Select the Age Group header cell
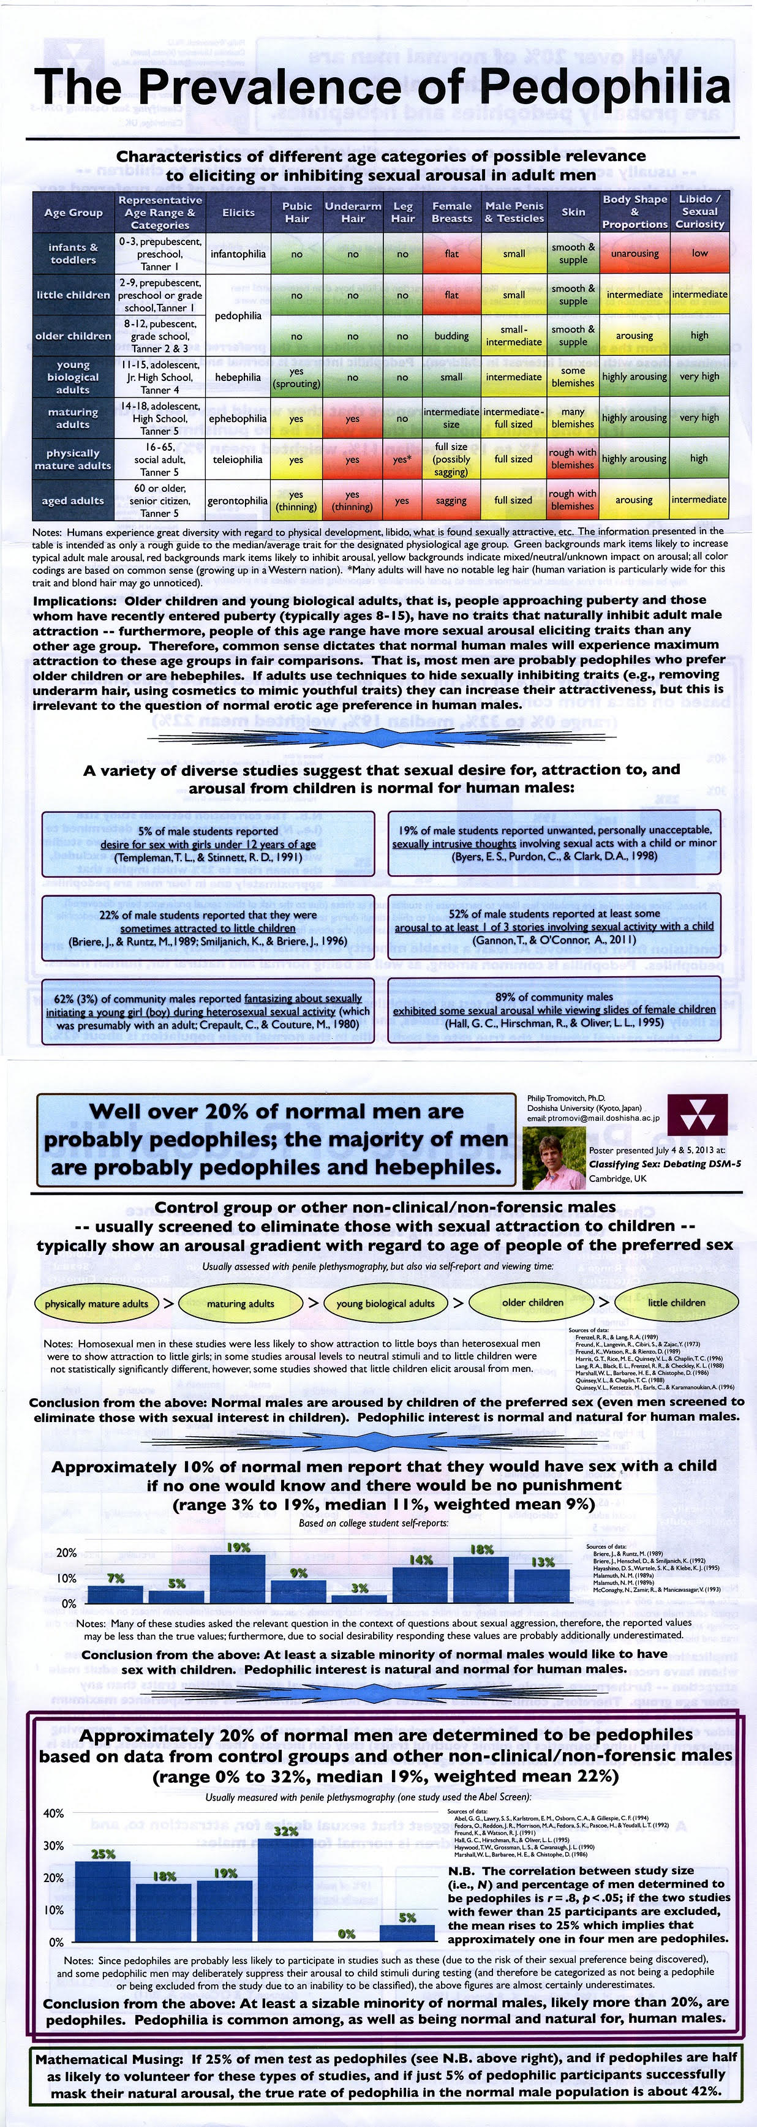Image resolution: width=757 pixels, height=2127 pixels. [73, 212]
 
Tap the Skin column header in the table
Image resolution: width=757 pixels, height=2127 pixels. [573, 212]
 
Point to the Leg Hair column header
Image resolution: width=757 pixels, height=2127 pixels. [403, 212]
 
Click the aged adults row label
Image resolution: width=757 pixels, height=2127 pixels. [73, 500]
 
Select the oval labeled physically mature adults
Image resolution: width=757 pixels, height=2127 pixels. [97, 1304]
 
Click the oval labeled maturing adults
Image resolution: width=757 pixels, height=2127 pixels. [240, 1304]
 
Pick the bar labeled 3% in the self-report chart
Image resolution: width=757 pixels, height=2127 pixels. [359, 1598]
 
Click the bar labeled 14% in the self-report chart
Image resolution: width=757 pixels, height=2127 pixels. [421, 1584]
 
